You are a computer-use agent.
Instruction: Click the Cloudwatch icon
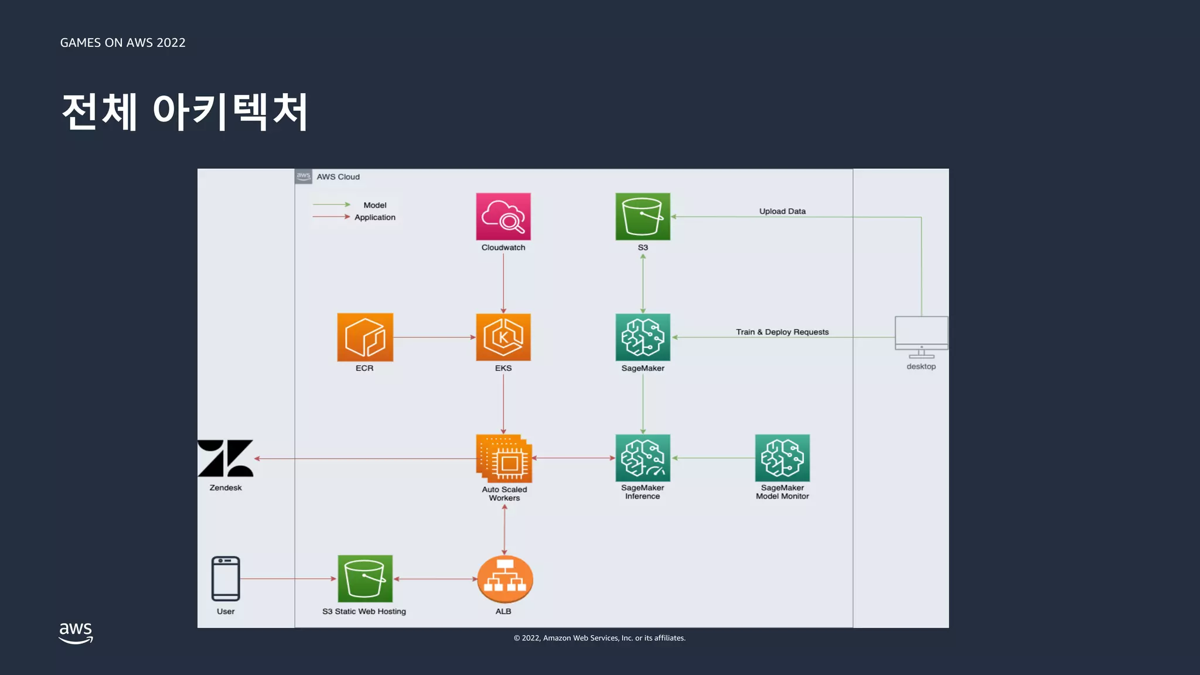pyautogui.click(x=503, y=216)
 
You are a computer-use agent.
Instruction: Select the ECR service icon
pyautogui.click(x=364, y=337)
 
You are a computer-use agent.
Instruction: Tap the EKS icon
pyautogui.click(x=503, y=337)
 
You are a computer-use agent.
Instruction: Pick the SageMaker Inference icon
pyautogui.click(x=643, y=458)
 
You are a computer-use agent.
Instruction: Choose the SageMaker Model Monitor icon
pyautogui.click(x=782, y=458)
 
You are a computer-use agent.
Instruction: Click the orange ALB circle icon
pyautogui.click(x=504, y=579)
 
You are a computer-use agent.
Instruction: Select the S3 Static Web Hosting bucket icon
pyautogui.click(x=364, y=579)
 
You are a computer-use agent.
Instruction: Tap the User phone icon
pyautogui.click(x=226, y=579)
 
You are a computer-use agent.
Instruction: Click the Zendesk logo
pyautogui.click(x=226, y=458)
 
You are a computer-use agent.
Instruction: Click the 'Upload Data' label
pyautogui.click(x=782, y=211)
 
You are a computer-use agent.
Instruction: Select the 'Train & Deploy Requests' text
pyautogui.click(x=782, y=332)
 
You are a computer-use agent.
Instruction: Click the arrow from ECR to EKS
pyautogui.click(x=434, y=337)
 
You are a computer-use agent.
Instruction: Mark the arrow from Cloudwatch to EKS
pyautogui.click(x=503, y=281)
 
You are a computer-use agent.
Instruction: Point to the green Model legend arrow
pyautogui.click(x=331, y=204)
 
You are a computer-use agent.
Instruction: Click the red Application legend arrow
pyautogui.click(x=331, y=217)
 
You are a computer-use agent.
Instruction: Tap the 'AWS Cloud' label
pyautogui.click(x=338, y=176)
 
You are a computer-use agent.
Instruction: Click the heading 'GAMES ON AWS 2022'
pyautogui.click(x=122, y=43)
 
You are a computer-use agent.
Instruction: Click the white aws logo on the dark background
pyautogui.click(x=76, y=633)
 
